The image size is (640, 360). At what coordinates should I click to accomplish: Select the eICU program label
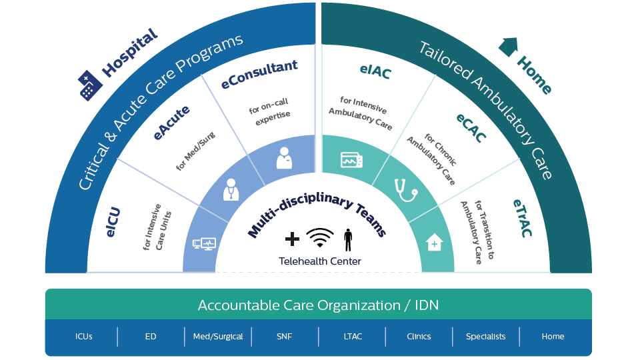coord(113,222)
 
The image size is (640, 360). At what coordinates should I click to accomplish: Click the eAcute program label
coord(171,123)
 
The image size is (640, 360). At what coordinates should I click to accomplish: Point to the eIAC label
coord(374,71)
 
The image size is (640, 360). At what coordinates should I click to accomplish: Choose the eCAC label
coord(471,127)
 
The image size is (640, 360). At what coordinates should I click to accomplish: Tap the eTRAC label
coord(523,218)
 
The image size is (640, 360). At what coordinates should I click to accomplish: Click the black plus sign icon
coord(292,239)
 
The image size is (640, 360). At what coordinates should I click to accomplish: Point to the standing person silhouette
coord(347,238)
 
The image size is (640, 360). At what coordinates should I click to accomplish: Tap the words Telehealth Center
coord(320,261)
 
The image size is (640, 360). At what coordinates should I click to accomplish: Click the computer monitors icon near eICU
coord(203,245)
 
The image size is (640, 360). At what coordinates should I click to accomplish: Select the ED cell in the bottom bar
coord(151,337)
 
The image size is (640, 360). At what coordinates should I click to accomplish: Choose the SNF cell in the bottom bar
coord(285,337)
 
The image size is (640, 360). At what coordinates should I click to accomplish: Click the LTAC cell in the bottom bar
coord(352,337)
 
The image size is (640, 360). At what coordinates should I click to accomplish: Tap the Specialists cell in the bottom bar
coord(485,337)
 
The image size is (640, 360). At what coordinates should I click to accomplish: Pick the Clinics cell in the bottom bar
coord(419,337)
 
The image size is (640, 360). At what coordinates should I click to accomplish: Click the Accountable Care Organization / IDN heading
coord(318,305)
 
